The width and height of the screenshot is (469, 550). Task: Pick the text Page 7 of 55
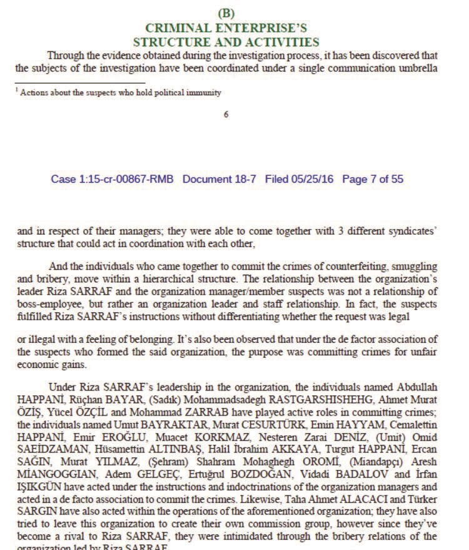coord(373,180)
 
